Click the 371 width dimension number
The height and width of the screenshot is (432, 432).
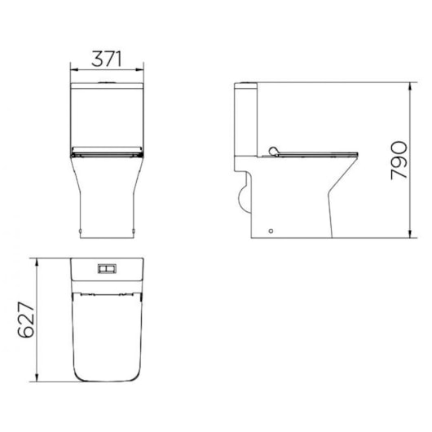click(x=107, y=59)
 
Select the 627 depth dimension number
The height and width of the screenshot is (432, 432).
click(x=26, y=320)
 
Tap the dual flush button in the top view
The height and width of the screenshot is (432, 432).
click(x=107, y=267)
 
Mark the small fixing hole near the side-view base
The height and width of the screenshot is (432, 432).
click(x=271, y=231)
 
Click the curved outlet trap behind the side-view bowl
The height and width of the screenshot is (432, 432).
click(x=242, y=196)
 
